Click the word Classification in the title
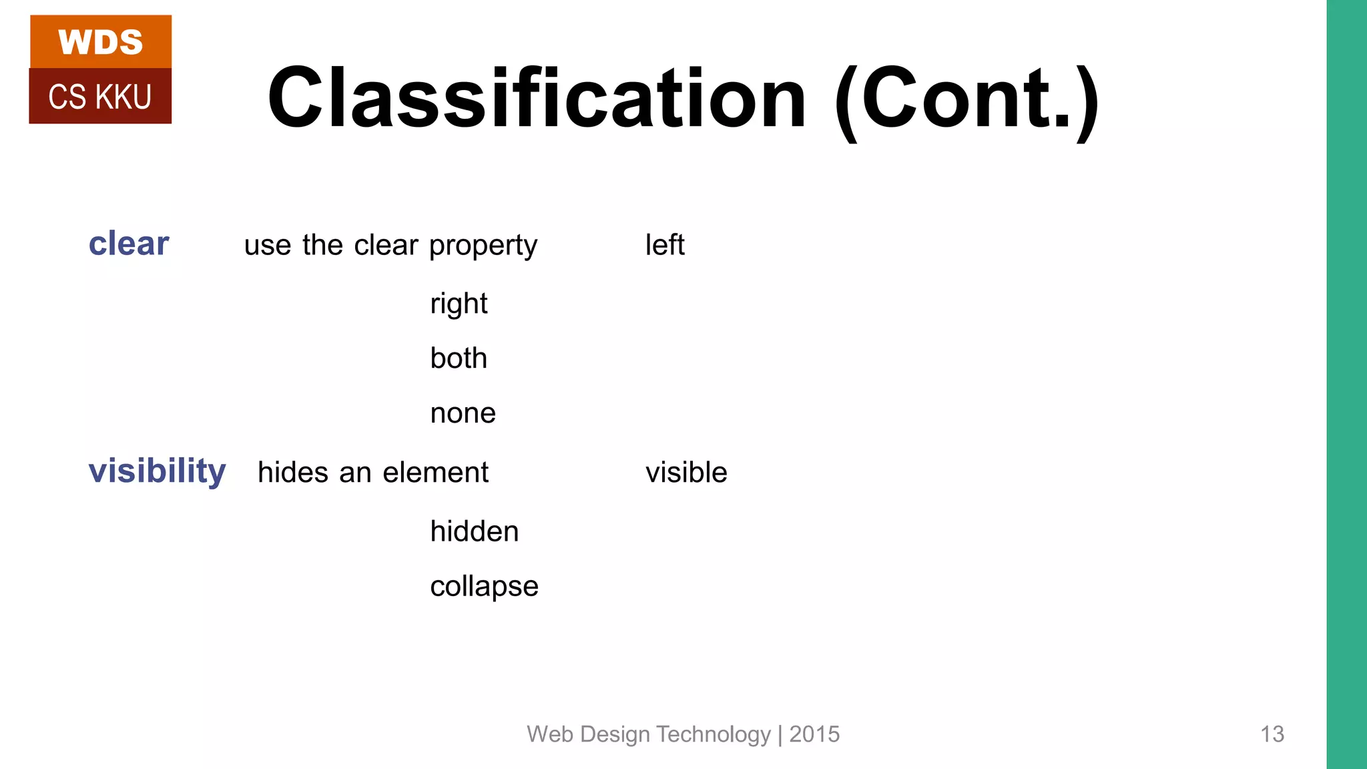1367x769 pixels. point(537,99)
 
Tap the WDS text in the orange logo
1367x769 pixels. point(100,43)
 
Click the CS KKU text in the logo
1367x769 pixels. point(100,97)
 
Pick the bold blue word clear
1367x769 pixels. point(129,244)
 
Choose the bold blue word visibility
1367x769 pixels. point(158,471)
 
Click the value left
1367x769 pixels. point(664,245)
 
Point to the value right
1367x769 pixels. point(459,304)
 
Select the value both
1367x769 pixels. point(459,358)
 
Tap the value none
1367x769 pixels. point(463,414)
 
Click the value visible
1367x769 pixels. point(686,473)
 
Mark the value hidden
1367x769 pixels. point(475,531)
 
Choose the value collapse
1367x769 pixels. point(484,587)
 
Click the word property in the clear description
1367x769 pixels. point(483,246)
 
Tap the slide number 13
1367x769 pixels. point(1272,734)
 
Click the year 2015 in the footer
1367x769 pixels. point(814,734)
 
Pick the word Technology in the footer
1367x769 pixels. point(714,734)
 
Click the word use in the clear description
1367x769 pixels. point(268,246)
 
